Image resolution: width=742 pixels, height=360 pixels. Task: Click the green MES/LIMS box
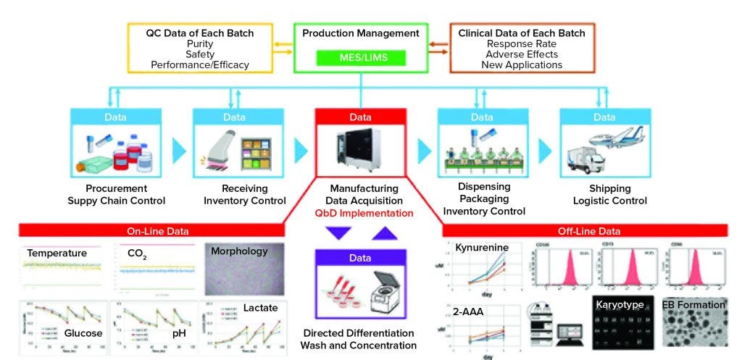[x=360, y=56]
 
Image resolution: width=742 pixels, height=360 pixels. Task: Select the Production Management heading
[x=360, y=33]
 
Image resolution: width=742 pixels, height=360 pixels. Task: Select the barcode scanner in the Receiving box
[x=222, y=148]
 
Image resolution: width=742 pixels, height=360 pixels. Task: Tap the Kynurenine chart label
[x=482, y=248]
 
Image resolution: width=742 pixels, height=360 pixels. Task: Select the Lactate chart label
[x=260, y=308]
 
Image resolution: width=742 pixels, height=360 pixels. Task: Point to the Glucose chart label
[x=83, y=333]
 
